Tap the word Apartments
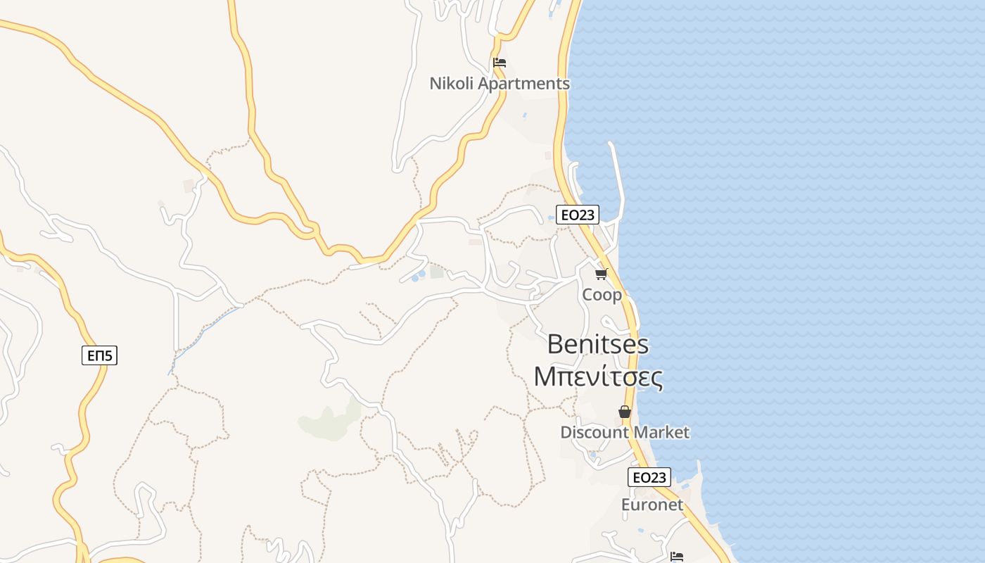[523, 84]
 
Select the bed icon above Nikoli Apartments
[500, 62]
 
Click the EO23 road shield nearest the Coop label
[577, 215]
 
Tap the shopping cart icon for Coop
[601, 274]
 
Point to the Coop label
[602, 295]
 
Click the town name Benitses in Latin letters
[597, 345]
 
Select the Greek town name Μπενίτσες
[598, 377]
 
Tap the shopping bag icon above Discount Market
[625, 412]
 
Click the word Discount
[591, 432]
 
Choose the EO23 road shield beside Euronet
[649, 477]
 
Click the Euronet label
[652, 505]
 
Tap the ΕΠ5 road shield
[99, 355]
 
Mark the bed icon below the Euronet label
[677, 556]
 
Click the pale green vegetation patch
[327, 422]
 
